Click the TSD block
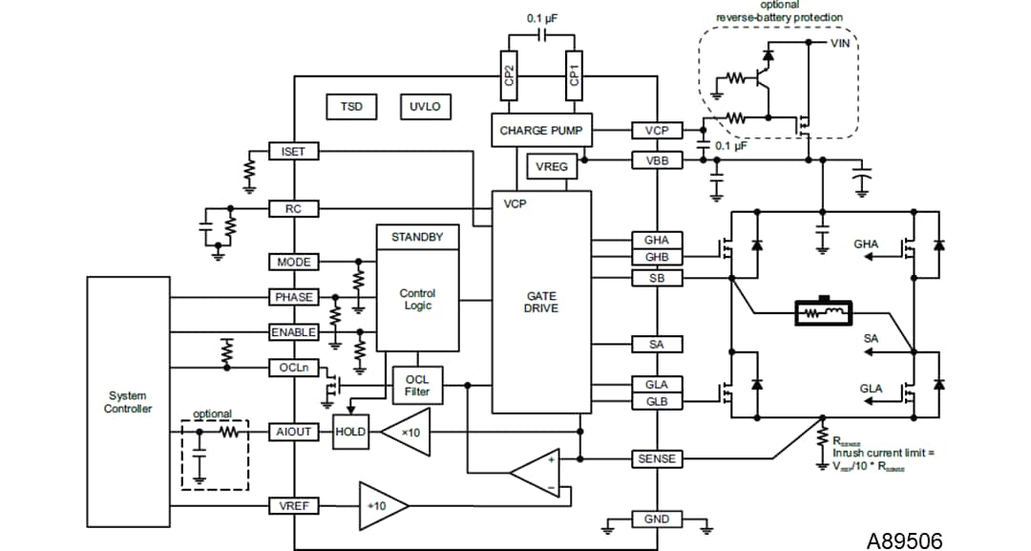(x=351, y=107)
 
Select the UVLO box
(x=425, y=107)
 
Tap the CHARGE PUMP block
(x=540, y=130)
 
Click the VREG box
(x=552, y=167)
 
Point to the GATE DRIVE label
(x=541, y=302)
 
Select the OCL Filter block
(x=417, y=386)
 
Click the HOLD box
(x=350, y=432)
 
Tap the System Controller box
(x=129, y=402)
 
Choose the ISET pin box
(x=294, y=152)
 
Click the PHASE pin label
(x=294, y=297)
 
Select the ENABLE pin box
(x=294, y=332)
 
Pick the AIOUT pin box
(x=294, y=432)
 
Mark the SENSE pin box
(x=657, y=459)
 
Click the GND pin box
(x=657, y=519)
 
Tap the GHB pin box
(x=657, y=258)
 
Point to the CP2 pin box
(x=510, y=75)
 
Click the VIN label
(x=840, y=43)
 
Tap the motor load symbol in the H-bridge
(x=823, y=311)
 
